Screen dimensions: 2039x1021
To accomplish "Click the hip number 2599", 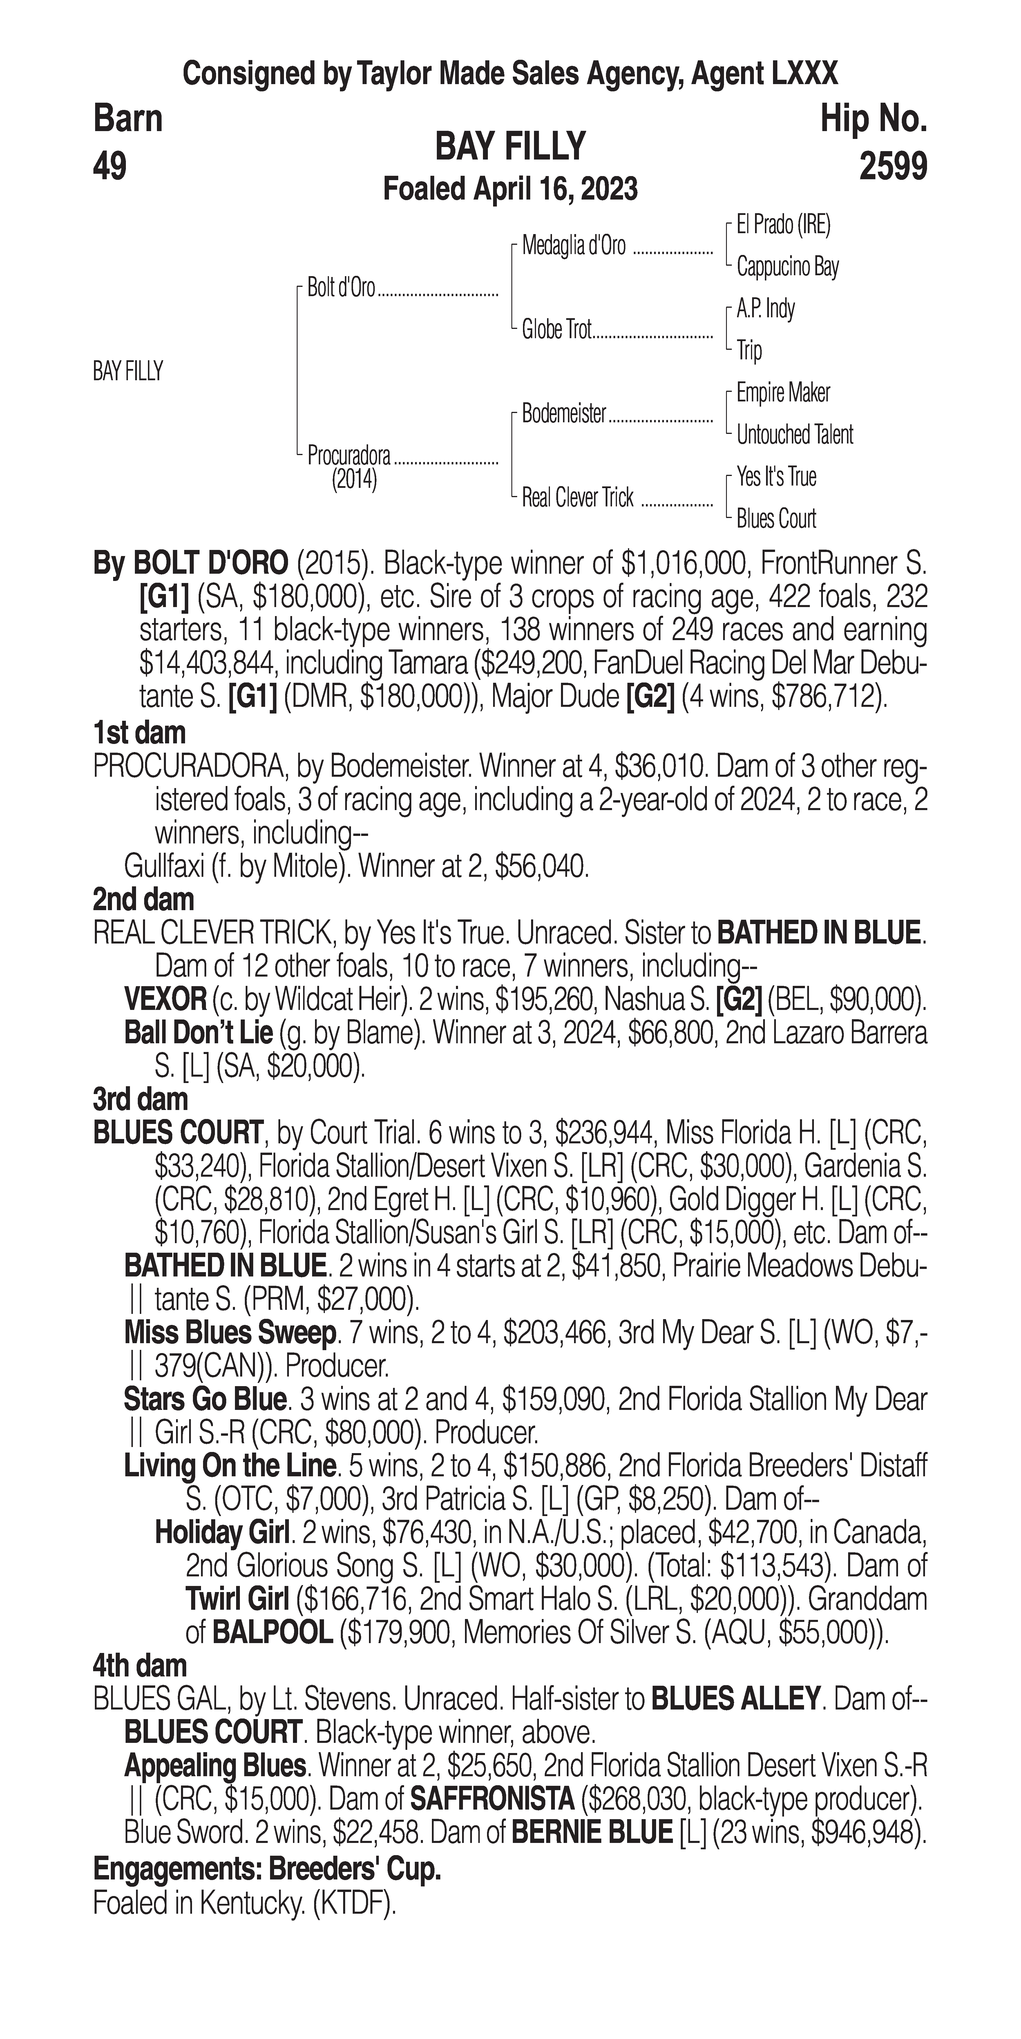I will point(893,167).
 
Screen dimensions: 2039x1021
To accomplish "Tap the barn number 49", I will point(110,167).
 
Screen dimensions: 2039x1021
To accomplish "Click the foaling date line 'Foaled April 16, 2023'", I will point(510,189).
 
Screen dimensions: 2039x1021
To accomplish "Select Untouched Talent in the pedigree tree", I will point(795,434).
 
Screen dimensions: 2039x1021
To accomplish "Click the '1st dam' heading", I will point(139,733).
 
